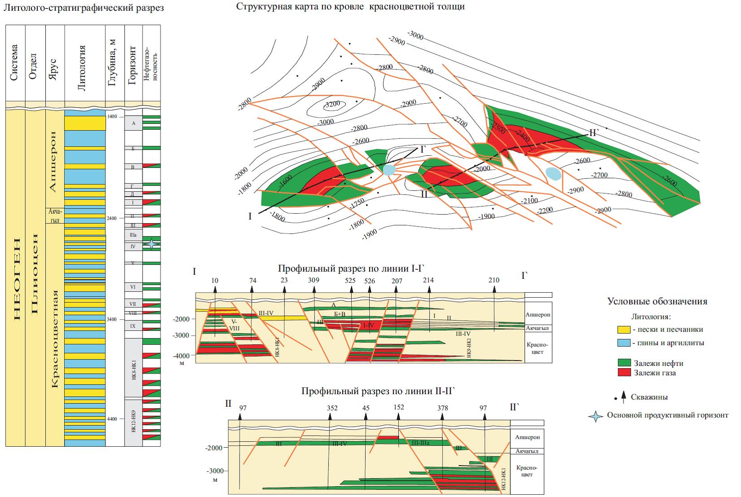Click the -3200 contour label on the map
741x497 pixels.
tap(333, 104)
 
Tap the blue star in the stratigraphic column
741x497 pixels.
tap(152, 244)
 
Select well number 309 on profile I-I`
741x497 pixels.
tap(314, 281)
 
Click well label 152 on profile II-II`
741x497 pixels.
tap(398, 407)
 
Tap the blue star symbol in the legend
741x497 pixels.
tap(596, 416)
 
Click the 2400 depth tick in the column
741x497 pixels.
tap(111, 218)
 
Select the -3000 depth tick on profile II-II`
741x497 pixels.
tap(214, 471)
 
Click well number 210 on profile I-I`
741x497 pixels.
tap(494, 281)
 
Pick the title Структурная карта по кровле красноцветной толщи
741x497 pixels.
tap(350, 7)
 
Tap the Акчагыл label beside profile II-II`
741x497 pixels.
tap(527, 451)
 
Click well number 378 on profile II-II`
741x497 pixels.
tap(442, 408)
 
